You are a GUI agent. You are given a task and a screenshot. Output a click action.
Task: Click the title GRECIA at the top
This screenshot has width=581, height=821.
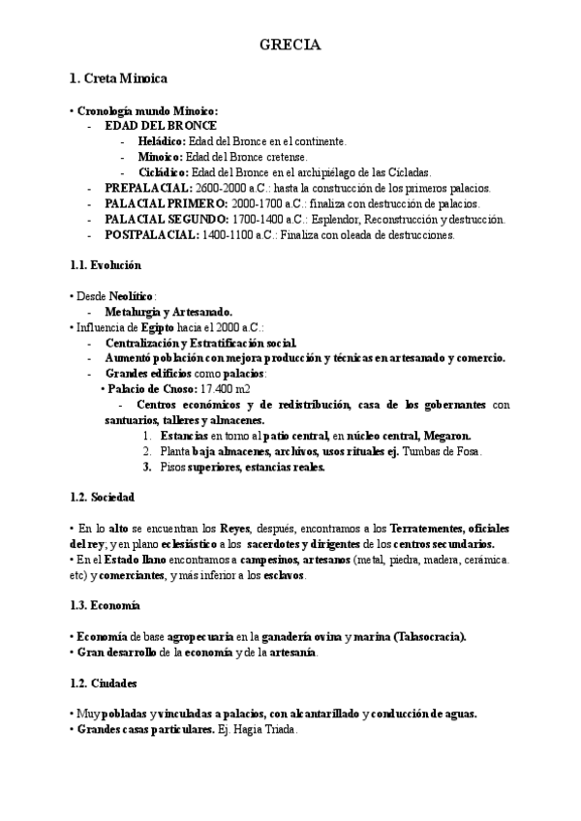click(x=290, y=45)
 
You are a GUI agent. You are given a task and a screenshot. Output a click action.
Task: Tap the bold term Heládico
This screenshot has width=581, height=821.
click(x=162, y=141)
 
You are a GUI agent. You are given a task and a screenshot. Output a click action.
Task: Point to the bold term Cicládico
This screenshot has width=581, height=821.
click(x=164, y=172)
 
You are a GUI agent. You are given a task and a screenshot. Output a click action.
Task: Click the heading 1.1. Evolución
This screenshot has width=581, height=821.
click(x=106, y=265)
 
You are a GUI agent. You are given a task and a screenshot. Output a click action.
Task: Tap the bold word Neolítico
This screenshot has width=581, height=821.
click(x=126, y=296)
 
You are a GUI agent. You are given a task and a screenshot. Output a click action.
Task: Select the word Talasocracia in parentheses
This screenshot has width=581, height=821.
click(x=428, y=637)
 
